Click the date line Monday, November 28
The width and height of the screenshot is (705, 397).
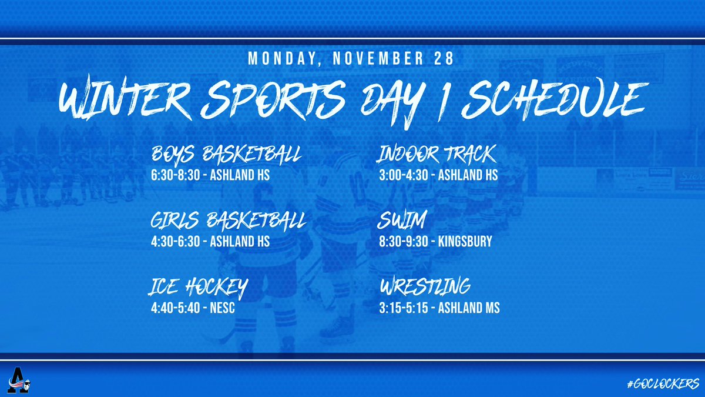pos(352,59)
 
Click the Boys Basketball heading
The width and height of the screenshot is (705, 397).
pos(227,155)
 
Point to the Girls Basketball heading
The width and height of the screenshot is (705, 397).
pos(229,222)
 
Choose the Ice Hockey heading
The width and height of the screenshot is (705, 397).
pos(198,288)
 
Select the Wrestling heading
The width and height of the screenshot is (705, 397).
pos(425,288)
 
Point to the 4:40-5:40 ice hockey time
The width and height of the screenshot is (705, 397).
pos(172,308)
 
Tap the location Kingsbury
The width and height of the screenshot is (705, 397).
pos(469,242)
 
